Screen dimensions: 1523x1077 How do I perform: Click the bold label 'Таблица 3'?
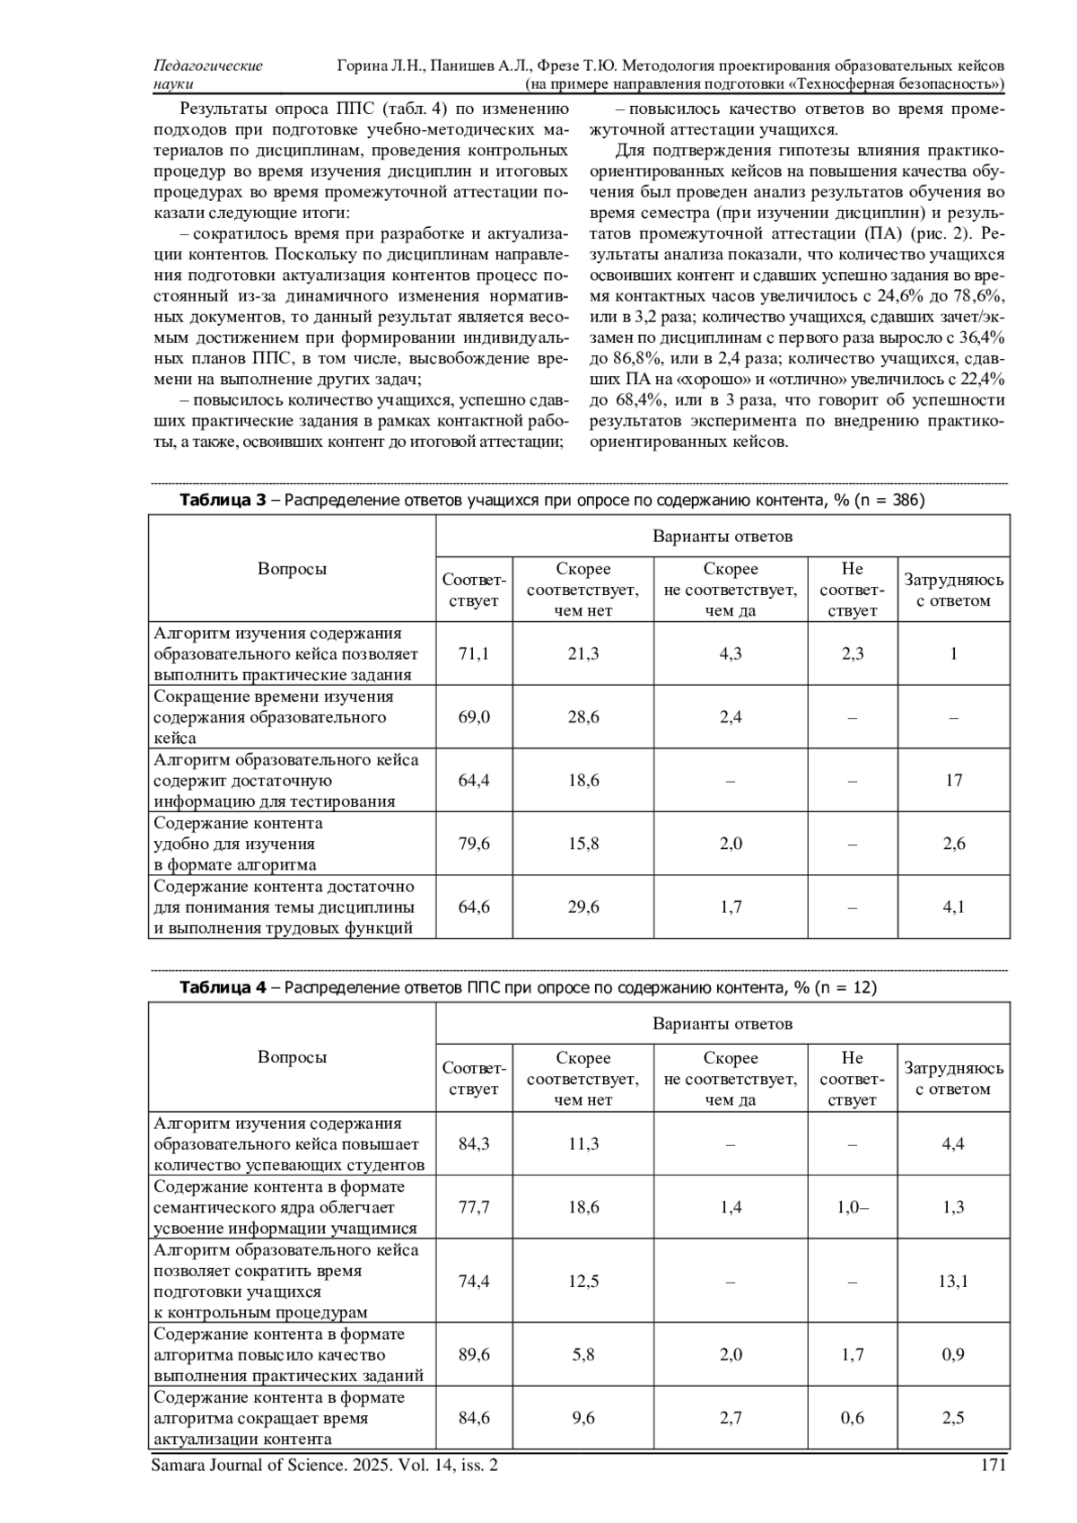[223, 500]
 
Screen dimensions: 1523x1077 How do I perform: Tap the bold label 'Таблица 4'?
[223, 987]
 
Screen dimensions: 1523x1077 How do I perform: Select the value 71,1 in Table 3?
[474, 653]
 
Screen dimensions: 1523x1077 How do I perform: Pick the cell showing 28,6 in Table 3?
[583, 717]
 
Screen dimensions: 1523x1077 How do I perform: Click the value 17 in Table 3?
[953, 780]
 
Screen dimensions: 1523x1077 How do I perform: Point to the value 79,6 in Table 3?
[474, 844]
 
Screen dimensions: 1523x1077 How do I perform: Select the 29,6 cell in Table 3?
[583, 906]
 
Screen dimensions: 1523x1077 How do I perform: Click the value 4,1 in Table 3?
[953, 906]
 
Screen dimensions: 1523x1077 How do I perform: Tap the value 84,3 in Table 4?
[474, 1143]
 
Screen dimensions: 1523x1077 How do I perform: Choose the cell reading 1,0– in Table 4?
[852, 1207]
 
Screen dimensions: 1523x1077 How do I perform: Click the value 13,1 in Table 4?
[953, 1281]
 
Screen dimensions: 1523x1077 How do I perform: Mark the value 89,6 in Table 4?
[474, 1354]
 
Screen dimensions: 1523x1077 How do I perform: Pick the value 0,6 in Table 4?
[852, 1418]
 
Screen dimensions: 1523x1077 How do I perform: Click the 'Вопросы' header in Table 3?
[292, 568]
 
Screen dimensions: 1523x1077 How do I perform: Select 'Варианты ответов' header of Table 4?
[722, 1023]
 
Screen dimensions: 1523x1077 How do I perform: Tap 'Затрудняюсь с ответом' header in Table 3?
[953, 590]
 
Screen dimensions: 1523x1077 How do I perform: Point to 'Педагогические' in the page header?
[208, 66]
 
